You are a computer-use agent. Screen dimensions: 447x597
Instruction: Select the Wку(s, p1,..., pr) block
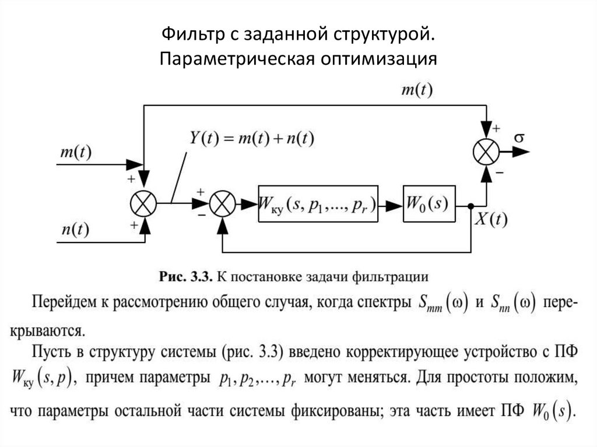click(x=318, y=205)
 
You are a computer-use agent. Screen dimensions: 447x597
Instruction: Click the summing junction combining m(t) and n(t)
click(x=142, y=204)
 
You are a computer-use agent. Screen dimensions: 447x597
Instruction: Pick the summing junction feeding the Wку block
click(x=222, y=204)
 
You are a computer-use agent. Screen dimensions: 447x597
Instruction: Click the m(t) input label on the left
click(x=75, y=152)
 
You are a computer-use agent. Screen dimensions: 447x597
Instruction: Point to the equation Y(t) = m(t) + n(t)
click(x=252, y=138)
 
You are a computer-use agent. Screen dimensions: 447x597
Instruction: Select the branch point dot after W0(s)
click(x=470, y=205)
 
